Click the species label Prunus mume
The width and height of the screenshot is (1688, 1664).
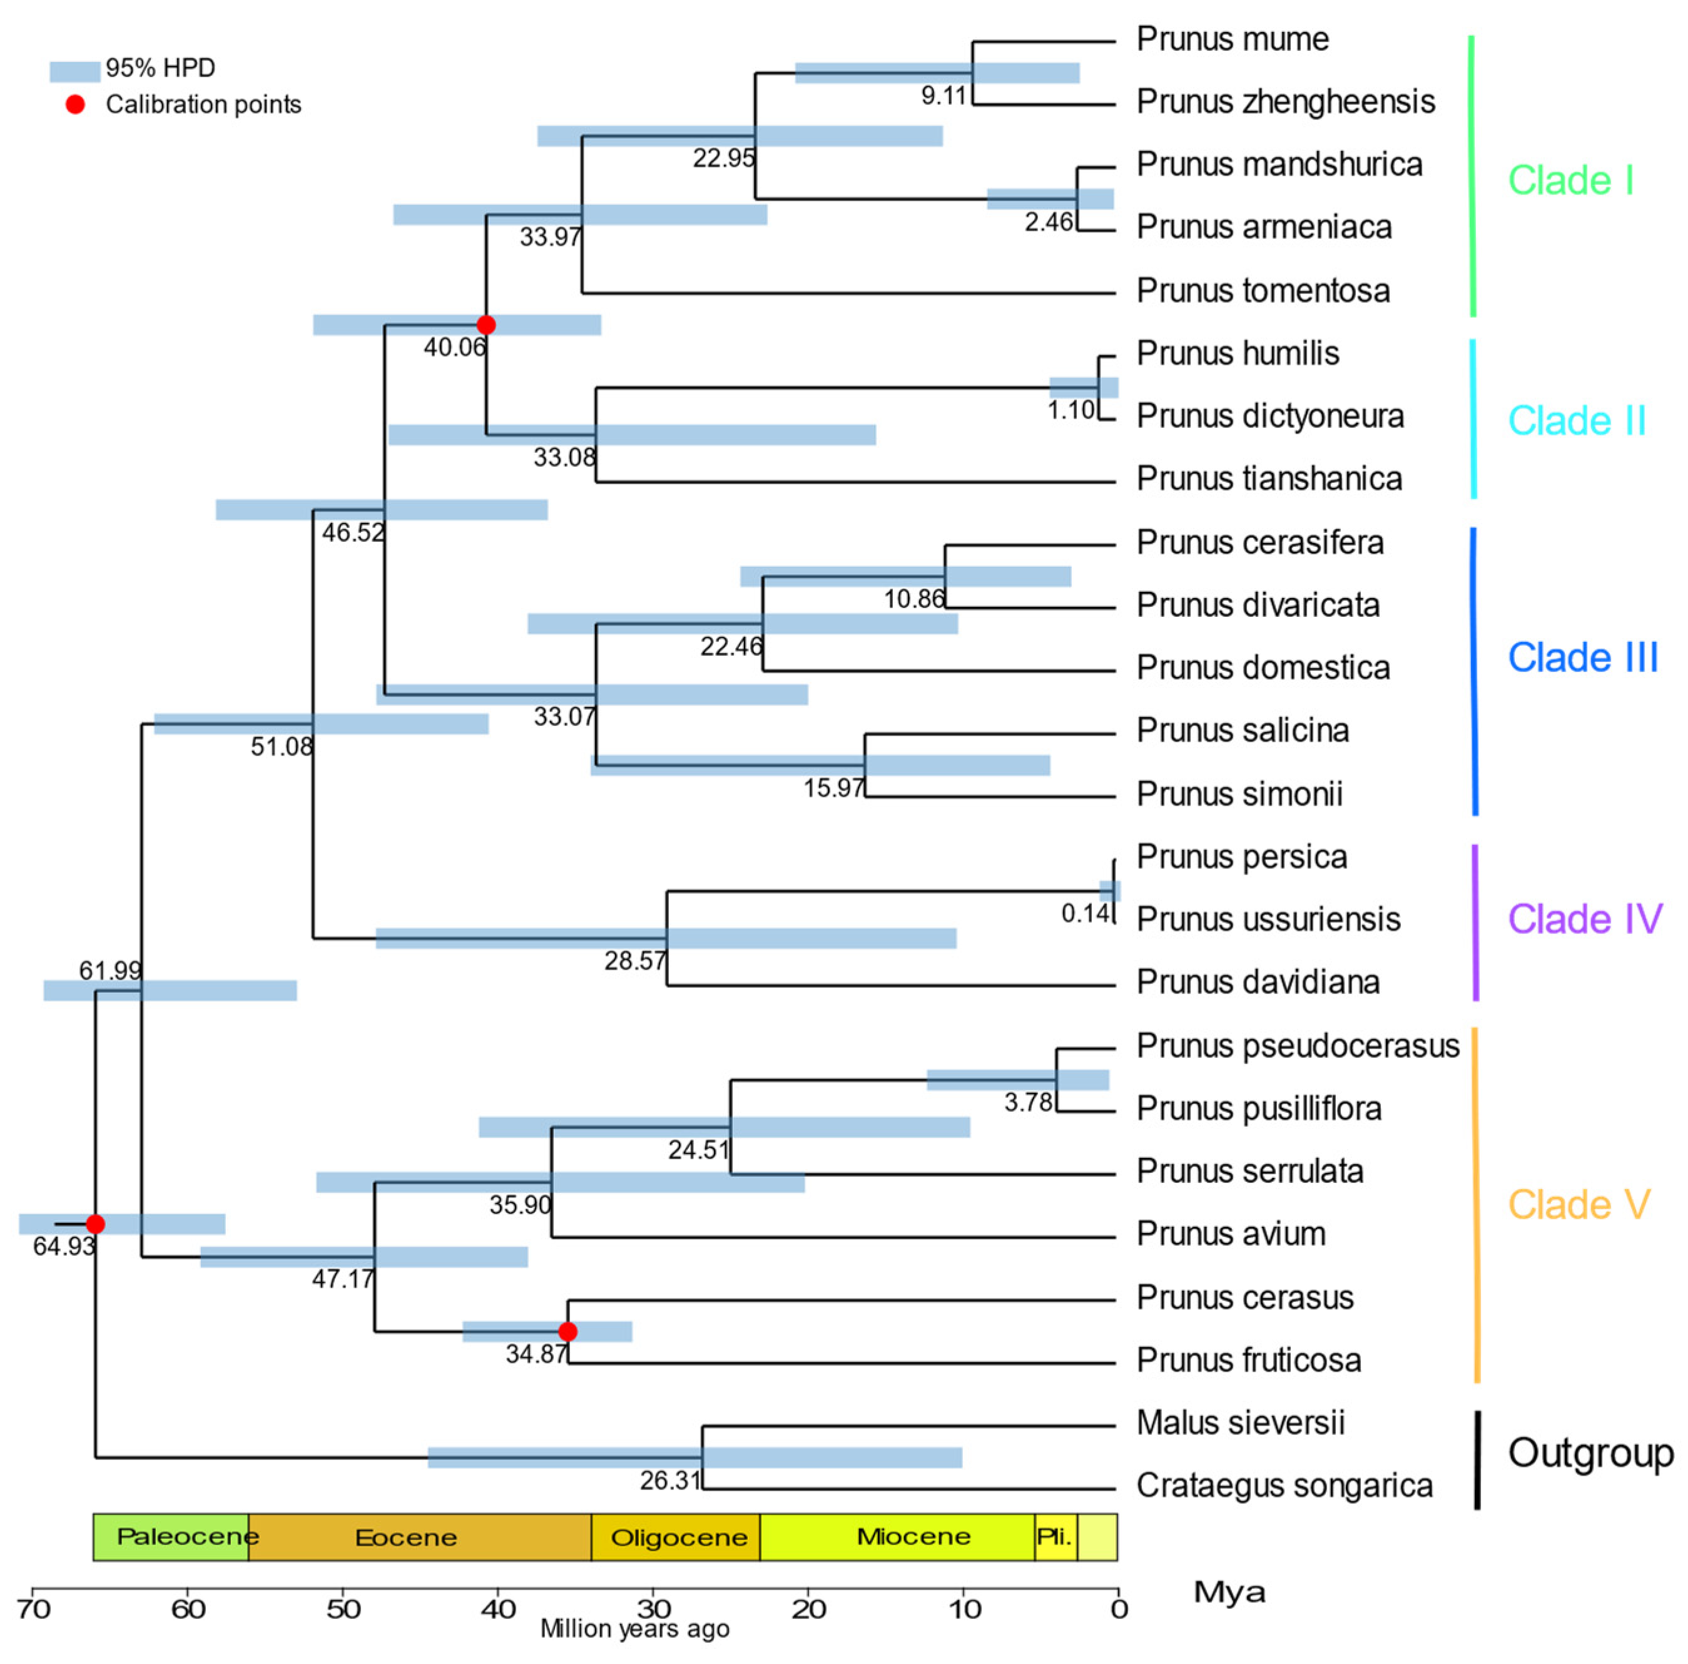click(x=1232, y=39)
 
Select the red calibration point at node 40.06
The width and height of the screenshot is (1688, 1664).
click(x=487, y=325)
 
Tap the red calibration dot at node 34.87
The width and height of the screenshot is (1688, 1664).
click(x=568, y=1332)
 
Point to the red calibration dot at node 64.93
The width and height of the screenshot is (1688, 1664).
click(x=95, y=1224)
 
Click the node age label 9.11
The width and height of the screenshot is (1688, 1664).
click(x=943, y=95)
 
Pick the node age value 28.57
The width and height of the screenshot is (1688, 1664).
click(x=634, y=961)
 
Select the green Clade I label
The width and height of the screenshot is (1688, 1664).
click(x=1570, y=181)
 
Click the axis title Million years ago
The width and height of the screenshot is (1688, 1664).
click(x=634, y=1628)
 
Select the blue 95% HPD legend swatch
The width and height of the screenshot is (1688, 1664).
click(x=74, y=71)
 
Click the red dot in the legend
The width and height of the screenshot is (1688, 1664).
click(x=76, y=105)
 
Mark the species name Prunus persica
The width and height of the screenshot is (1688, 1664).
click(x=1241, y=857)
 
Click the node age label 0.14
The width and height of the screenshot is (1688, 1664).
click(x=1084, y=914)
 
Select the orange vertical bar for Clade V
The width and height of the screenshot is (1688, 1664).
click(x=1476, y=1205)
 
